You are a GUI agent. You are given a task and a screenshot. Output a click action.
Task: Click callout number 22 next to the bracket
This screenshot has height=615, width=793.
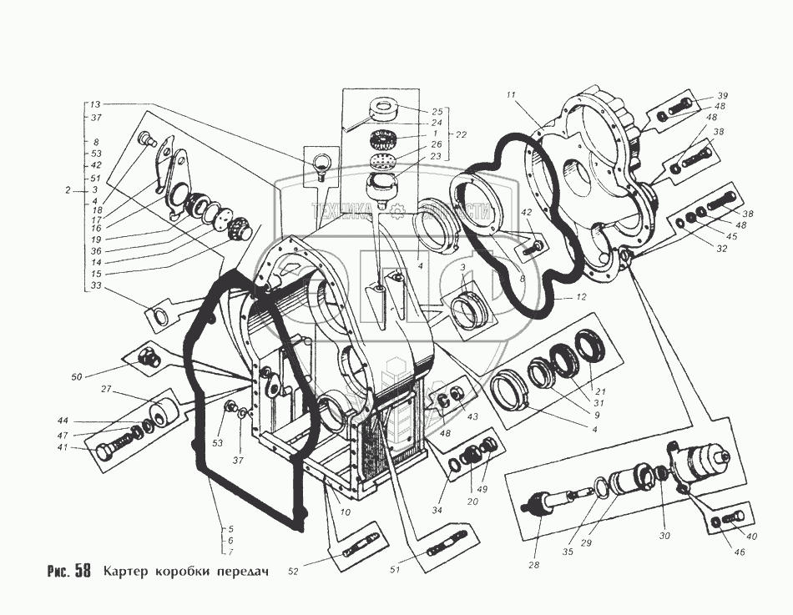(x=461, y=134)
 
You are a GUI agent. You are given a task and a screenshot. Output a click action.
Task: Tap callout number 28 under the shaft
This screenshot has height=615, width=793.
(x=533, y=566)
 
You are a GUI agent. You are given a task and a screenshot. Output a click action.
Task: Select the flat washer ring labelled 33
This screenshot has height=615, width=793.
(x=158, y=316)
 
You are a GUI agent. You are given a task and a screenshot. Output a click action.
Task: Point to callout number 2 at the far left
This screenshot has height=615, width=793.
(x=68, y=190)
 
